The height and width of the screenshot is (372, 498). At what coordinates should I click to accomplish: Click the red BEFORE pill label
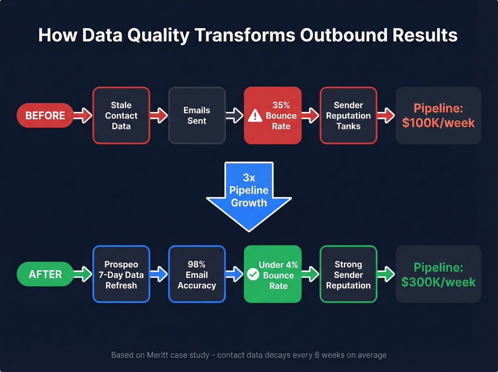45,115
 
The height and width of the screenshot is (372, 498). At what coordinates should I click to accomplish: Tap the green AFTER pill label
45,274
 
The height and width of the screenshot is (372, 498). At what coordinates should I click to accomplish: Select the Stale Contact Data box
121,115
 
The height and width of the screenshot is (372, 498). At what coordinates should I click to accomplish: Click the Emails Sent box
197,115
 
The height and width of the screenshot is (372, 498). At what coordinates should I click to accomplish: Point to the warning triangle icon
255,116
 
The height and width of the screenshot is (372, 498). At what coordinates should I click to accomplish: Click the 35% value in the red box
281,105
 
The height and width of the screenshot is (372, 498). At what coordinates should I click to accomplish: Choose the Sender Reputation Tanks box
348,115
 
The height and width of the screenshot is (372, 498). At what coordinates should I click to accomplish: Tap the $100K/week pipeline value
438,123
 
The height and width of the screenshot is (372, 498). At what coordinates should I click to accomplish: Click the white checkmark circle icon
253,274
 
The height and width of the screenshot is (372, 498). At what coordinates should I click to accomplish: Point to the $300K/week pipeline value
438,282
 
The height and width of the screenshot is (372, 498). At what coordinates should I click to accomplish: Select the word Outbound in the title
343,35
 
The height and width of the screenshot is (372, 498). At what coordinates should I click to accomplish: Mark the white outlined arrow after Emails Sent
235,115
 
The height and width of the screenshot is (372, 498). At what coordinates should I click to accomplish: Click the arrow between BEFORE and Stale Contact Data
83,115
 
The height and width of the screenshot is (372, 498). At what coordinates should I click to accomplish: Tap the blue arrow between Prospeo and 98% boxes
159,274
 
